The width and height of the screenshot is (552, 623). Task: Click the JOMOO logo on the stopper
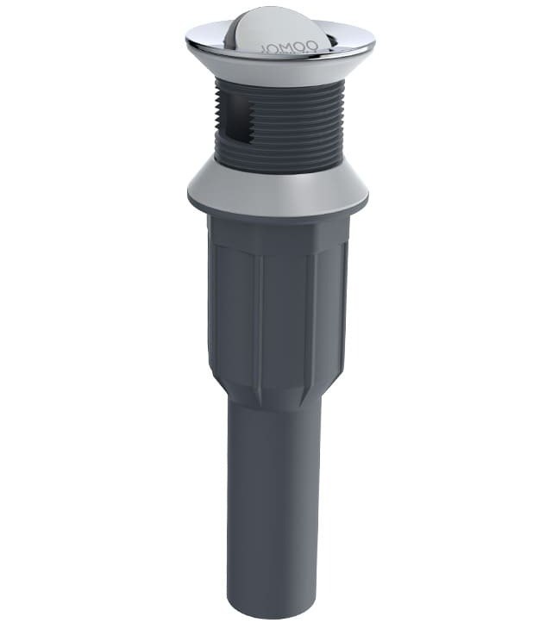294,40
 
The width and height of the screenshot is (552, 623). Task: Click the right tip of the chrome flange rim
374,41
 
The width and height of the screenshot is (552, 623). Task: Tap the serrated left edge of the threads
216,121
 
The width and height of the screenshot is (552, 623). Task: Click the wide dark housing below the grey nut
278,302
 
